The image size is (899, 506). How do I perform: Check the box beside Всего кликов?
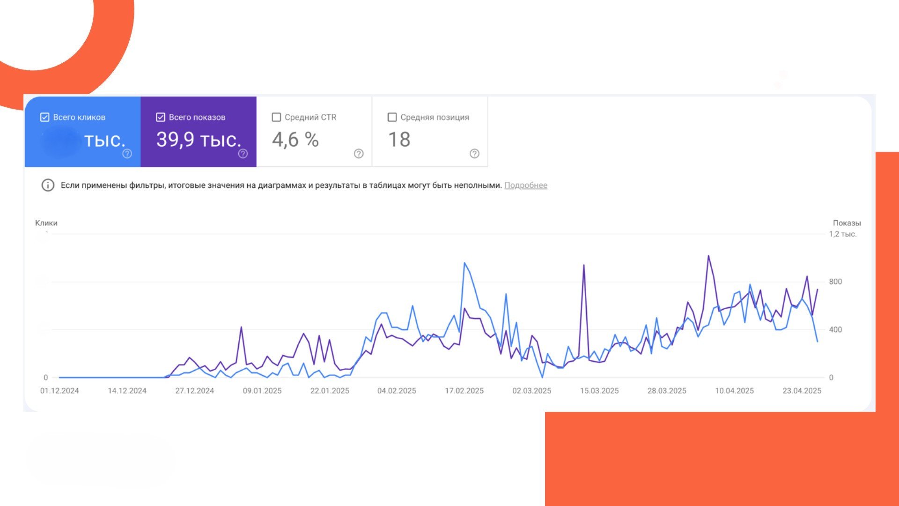tap(45, 117)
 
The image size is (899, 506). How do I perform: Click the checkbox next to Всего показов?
tap(161, 117)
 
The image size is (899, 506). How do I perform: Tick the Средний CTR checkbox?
tap(276, 117)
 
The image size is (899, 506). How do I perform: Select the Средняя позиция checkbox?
tap(392, 117)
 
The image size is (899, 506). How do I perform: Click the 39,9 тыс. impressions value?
tap(199, 140)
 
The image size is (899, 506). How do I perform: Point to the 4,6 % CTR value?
tap(295, 140)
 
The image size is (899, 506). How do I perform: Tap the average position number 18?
tap(399, 140)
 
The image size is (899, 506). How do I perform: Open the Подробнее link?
tap(525, 186)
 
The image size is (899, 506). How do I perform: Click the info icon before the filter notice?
tap(48, 185)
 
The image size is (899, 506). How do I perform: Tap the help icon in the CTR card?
tap(359, 154)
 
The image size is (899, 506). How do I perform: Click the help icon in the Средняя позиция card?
tap(474, 154)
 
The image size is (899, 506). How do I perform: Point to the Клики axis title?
tap(46, 223)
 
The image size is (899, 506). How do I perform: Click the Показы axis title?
tap(847, 223)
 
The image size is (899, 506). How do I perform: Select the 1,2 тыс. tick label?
tap(843, 234)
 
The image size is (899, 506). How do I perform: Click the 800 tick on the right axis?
tap(835, 282)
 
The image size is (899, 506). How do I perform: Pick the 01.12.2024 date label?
tap(59, 391)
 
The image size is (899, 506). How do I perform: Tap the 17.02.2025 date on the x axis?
tap(464, 391)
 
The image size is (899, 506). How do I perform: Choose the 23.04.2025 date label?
tap(802, 391)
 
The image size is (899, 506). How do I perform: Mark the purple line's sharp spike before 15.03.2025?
tap(583, 266)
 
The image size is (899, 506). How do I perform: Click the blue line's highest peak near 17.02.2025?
tap(464, 263)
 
